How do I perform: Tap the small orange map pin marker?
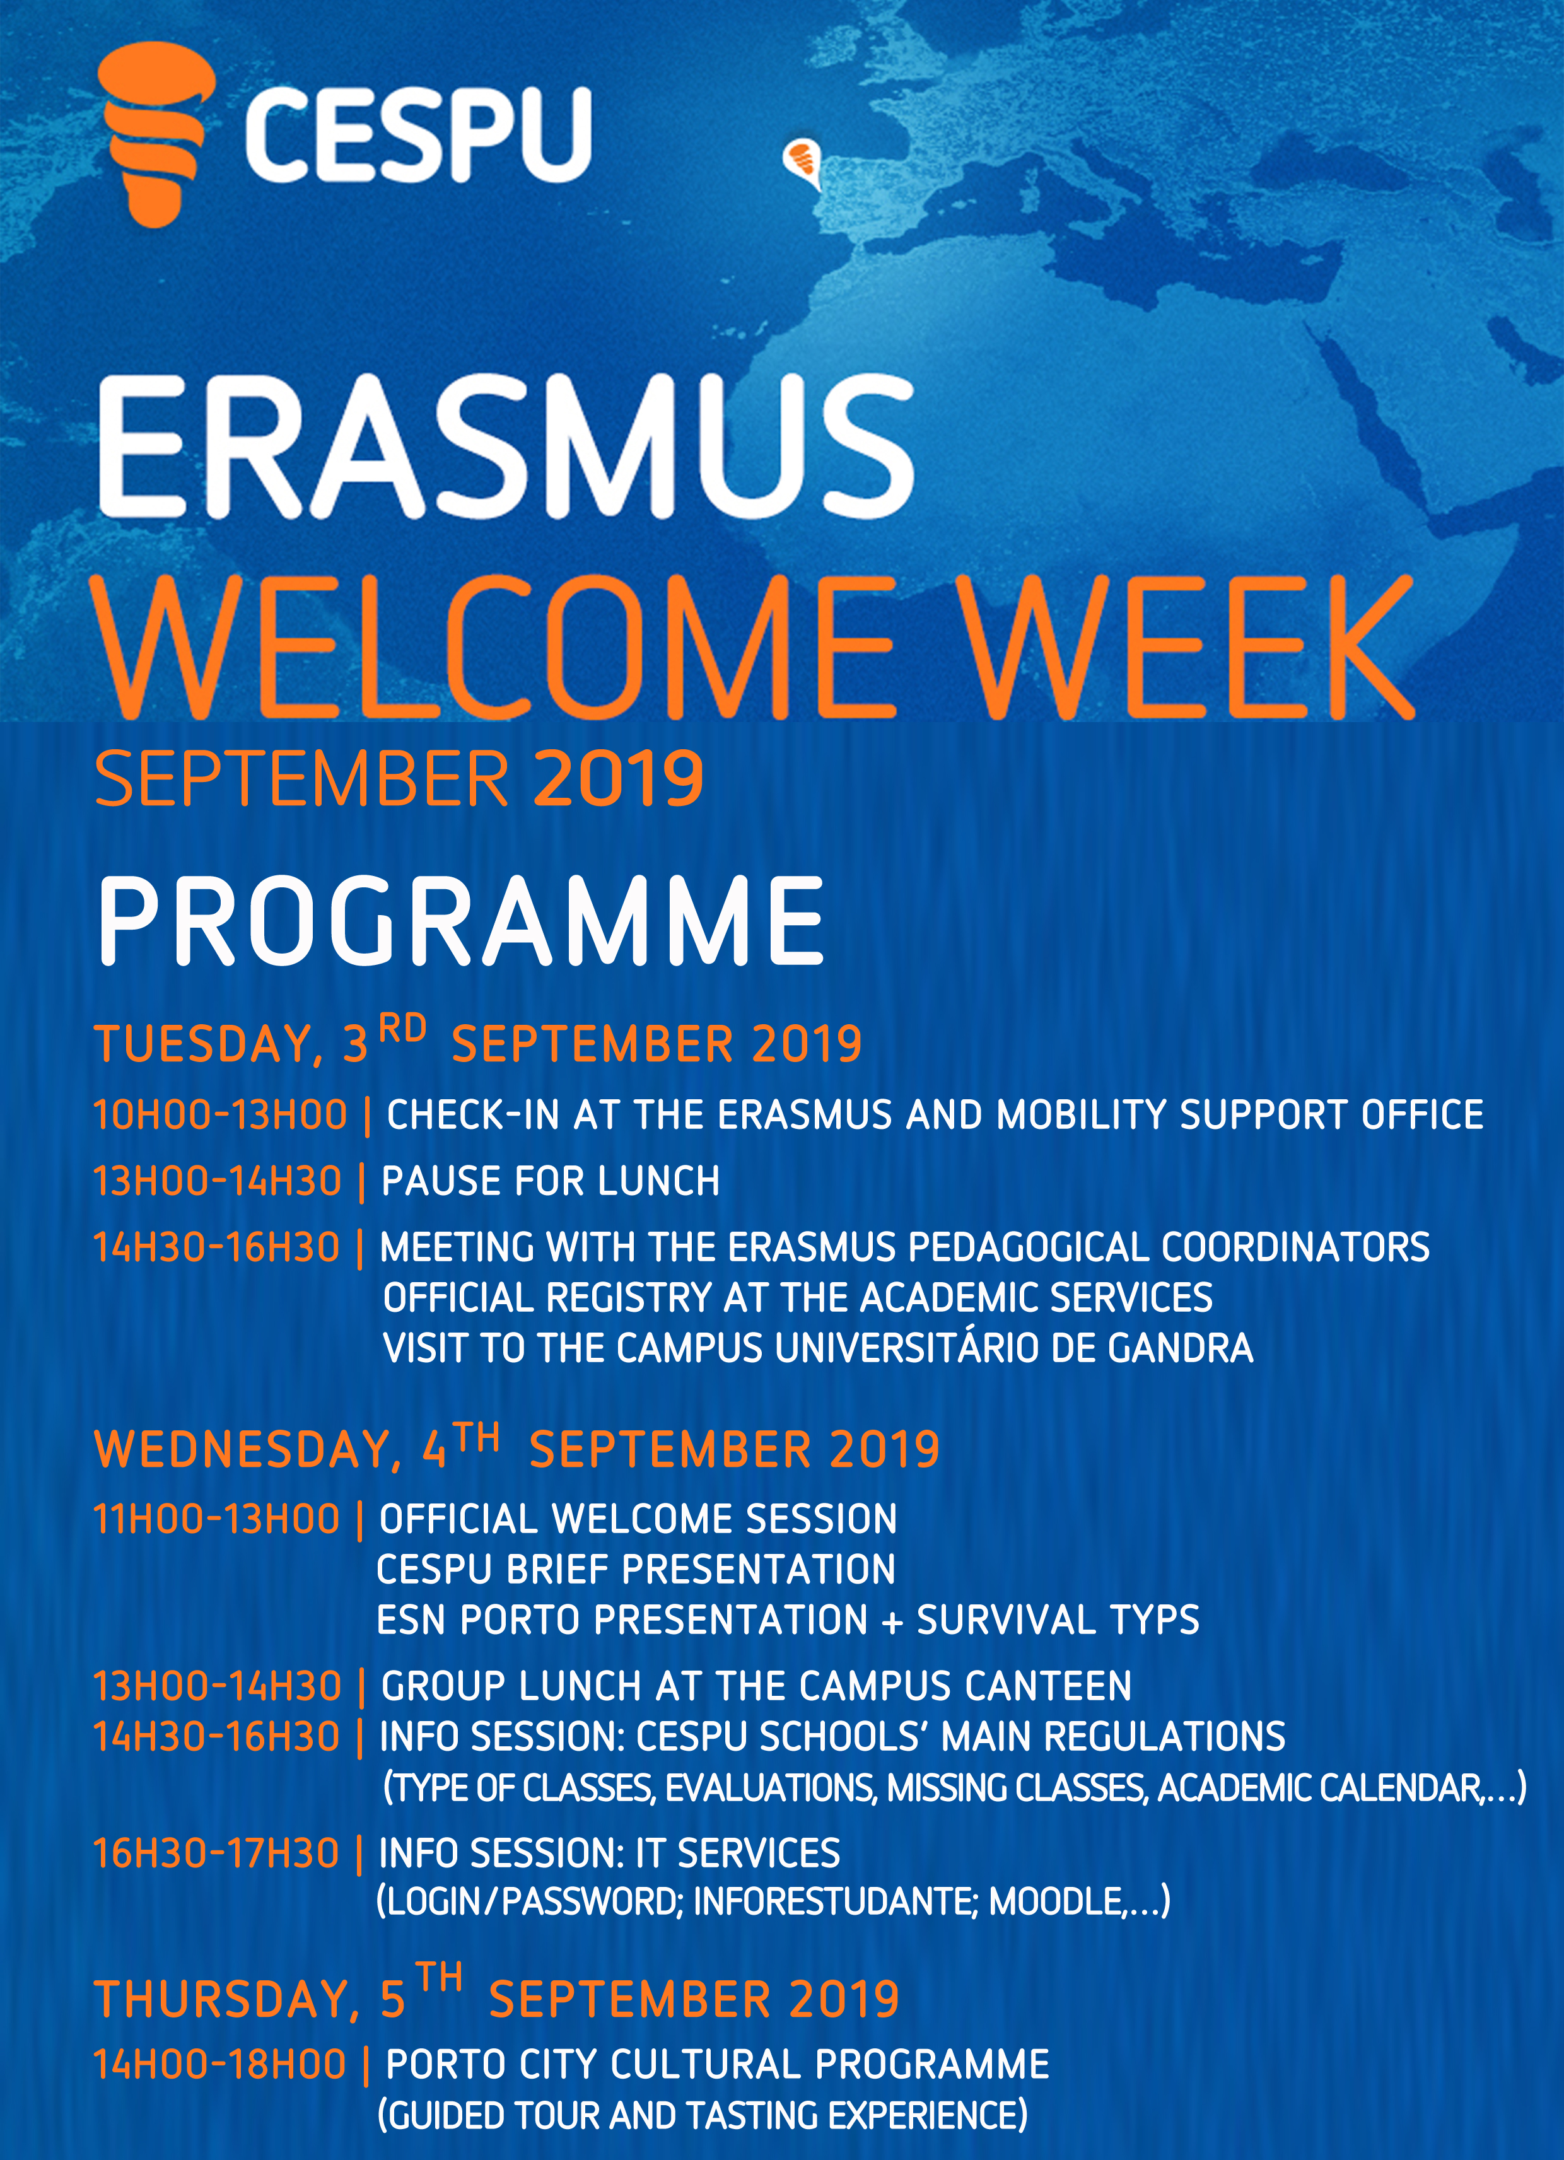click(x=802, y=164)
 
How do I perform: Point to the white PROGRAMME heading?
click(x=461, y=920)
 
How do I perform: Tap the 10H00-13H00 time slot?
click(x=220, y=1115)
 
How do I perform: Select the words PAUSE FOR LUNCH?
click(x=551, y=1181)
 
